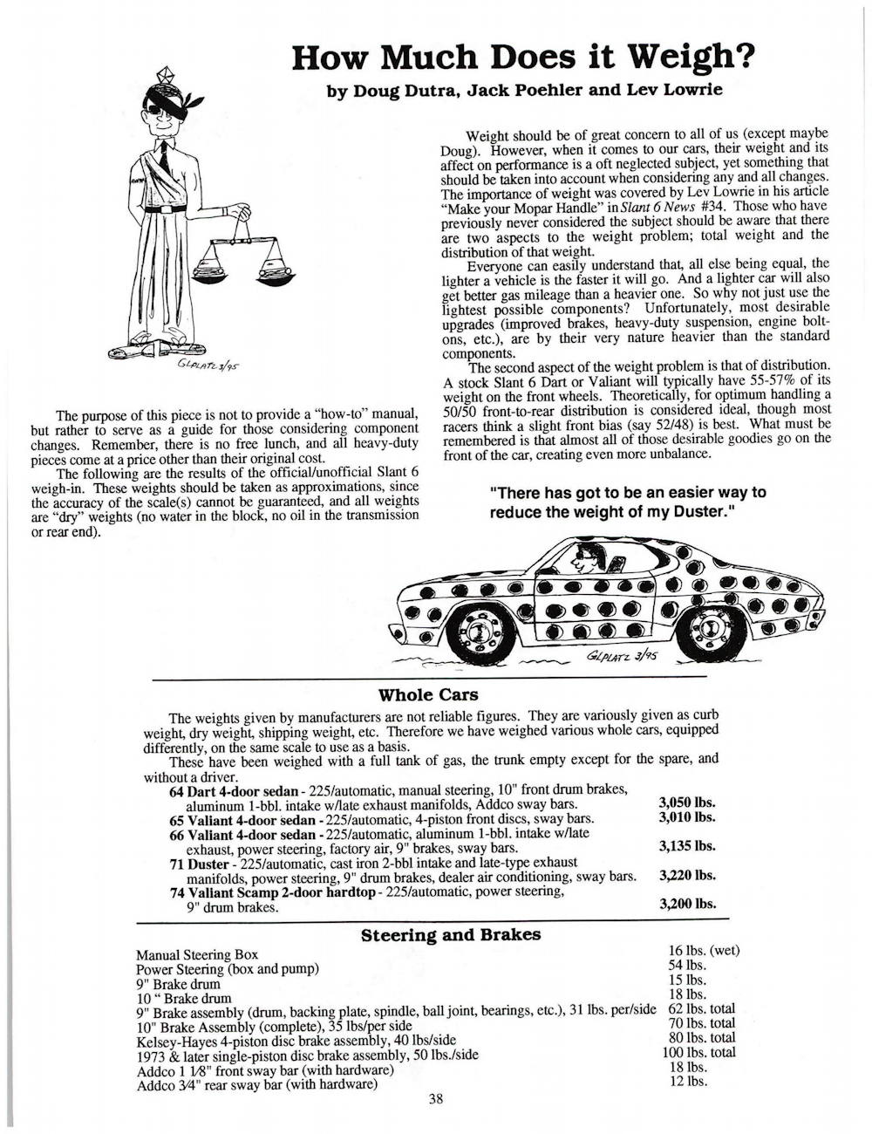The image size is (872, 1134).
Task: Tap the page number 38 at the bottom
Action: (x=436, y=1099)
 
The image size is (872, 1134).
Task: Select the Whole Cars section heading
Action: (x=428, y=695)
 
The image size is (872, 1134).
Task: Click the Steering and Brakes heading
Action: (x=450, y=935)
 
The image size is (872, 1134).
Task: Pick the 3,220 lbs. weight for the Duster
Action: (x=687, y=874)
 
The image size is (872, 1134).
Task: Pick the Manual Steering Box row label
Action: (x=197, y=955)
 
